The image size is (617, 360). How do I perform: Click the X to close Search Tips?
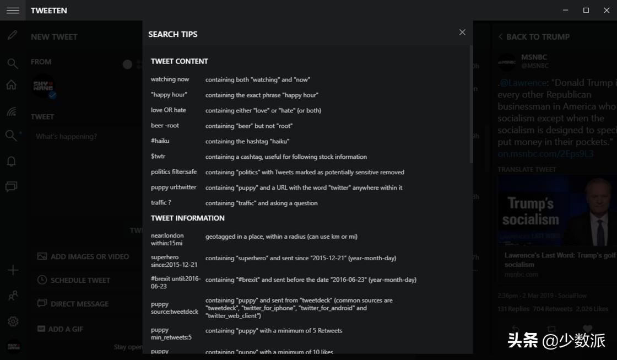coord(462,33)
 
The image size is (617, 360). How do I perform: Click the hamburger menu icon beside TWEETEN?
coord(13,10)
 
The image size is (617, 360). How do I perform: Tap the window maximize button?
coord(586,10)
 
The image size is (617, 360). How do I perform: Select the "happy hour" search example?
coord(169,95)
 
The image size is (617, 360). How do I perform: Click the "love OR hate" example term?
coord(169,110)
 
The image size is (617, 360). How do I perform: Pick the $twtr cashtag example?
coord(158,157)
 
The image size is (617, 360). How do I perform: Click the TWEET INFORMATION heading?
coord(188,218)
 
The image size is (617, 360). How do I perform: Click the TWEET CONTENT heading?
coord(180,61)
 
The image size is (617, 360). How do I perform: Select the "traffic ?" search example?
coord(161,203)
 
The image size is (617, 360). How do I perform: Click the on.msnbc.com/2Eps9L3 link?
coord(545,154)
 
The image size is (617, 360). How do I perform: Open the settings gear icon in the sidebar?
coord(13,321)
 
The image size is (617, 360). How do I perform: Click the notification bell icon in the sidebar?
coord(12,162)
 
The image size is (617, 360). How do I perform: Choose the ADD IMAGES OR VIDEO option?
coord(83,256)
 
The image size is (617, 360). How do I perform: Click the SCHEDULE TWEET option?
coord(74,280)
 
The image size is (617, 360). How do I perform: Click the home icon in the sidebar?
coord(12,85)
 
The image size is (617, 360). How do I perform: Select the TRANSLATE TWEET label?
coord(527,170)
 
